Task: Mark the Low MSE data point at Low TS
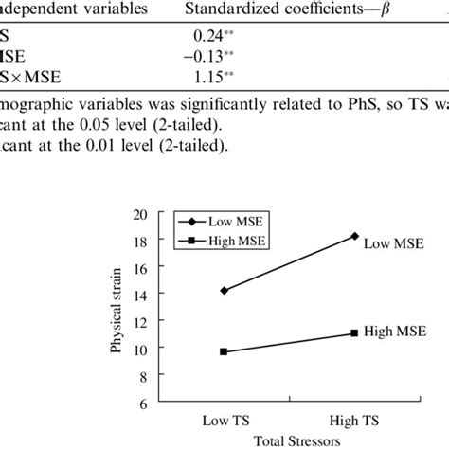(x=224, y=290)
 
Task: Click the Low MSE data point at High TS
(x=354, y=236)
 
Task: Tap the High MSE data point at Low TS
(x=224, y=351)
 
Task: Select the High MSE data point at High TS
(x=354, y=332)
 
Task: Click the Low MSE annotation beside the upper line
(x=391, y=242)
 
